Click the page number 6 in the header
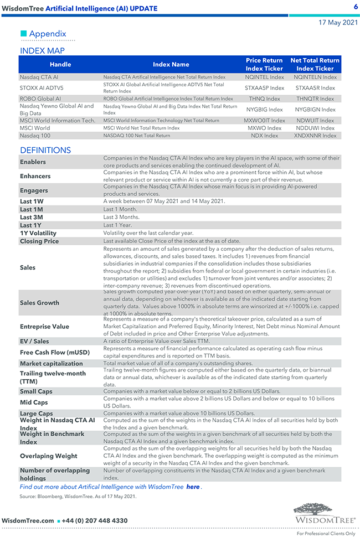coord(356,7)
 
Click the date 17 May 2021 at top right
coord(338,23)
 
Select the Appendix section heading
coord(48,34)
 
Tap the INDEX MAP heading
coord(42,51)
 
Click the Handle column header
coord(60,64)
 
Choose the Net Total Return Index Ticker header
coord(315,64)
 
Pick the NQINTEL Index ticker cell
coord(264,78)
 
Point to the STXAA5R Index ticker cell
coord(315,87)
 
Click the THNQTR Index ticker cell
coord(315,99)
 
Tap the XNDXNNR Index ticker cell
coord(315,135)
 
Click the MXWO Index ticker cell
coord(264,128)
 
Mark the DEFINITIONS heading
coord(45,150)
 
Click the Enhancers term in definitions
coord(35,176)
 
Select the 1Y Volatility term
coord(38,233)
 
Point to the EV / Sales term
coord(34,341)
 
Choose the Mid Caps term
coord(34,402)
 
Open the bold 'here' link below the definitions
coord(193,487)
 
